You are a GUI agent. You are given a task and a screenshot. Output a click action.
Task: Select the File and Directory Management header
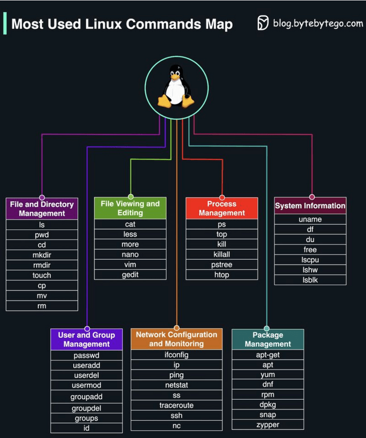[42, 209]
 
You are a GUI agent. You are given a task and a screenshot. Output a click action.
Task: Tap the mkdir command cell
[42, 255]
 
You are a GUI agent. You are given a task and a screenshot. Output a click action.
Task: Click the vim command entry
[130, 264]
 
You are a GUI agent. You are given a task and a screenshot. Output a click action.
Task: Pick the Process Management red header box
[222, 208]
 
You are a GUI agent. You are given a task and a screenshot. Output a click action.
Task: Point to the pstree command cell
[222, 264]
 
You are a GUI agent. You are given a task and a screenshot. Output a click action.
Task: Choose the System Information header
[310, 206]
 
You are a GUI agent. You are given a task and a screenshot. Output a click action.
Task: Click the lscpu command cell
[310, 260]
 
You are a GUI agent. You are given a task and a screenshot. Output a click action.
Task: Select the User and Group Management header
[86, 339]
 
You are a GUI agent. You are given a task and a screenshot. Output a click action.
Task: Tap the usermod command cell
[86, 385]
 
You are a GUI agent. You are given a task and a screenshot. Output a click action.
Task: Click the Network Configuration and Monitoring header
[176, 339]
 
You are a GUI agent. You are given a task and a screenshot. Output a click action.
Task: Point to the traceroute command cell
[176, 405]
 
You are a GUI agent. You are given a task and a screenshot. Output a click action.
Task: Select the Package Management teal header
[268, 339]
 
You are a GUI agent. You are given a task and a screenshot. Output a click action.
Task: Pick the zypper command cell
[268, 424]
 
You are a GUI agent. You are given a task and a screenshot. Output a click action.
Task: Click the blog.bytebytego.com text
[318, 24]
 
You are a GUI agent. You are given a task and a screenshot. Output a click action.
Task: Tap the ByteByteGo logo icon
[263, 23]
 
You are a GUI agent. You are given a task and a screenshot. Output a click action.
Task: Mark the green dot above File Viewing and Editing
[131, 197]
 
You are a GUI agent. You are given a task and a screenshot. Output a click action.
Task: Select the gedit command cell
[130, 275]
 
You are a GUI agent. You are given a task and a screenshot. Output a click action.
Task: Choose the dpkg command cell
[268, 405]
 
